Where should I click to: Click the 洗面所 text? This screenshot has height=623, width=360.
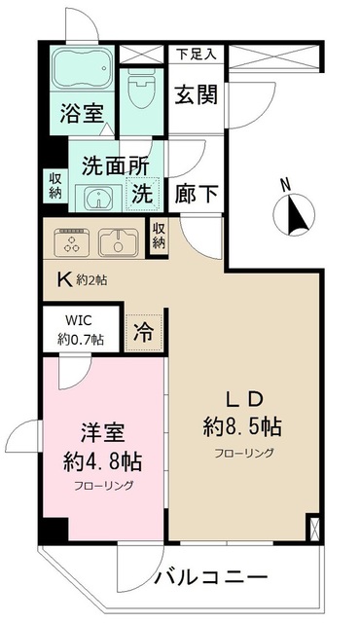coord(109,166)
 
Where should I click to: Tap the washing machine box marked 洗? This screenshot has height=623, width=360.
coord(142,194)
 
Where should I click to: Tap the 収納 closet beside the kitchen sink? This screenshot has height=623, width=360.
coord(159,237)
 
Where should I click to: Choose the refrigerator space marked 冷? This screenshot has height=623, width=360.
coord(143,329)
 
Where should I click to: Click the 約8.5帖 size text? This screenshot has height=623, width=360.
coord(243,425)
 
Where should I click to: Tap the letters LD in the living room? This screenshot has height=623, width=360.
coord(243,396)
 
